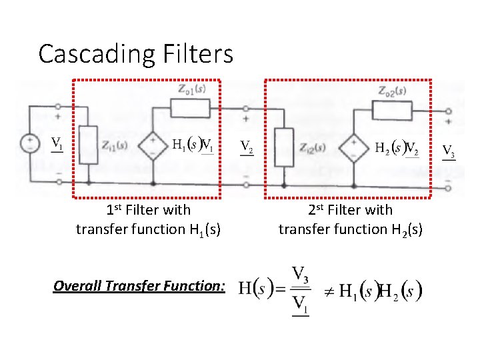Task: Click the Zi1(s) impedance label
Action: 115,146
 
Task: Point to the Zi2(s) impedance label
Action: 312,147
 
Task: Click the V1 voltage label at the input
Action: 58,143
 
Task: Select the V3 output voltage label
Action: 449,151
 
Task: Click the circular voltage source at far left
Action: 31,143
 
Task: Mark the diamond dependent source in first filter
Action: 153,145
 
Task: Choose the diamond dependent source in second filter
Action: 355,147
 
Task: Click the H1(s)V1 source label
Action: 193,144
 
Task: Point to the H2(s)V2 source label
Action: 397,147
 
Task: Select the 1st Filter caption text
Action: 148,220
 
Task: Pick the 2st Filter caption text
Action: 350,220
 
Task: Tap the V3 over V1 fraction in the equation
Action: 301,291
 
